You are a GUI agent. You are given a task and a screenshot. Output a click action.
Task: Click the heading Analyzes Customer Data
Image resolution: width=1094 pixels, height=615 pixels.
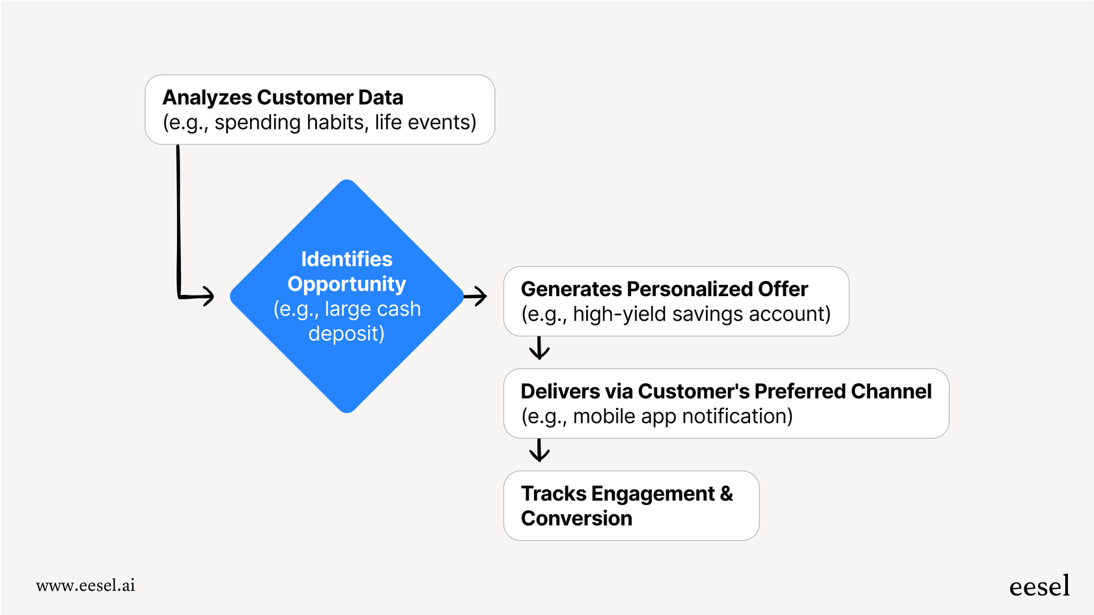[283, 98]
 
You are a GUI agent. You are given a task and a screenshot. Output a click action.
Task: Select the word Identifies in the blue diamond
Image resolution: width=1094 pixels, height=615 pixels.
[346, 259]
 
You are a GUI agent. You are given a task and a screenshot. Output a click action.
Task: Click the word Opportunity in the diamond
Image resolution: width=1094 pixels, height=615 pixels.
[346, 284]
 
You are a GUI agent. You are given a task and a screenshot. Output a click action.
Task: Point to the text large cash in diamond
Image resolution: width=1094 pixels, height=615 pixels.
[372, 308]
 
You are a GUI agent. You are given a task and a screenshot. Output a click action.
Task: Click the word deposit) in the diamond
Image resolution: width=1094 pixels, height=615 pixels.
[346, 333]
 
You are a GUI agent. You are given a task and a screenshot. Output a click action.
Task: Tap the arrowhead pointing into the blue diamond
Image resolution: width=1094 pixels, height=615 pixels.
[207, 296]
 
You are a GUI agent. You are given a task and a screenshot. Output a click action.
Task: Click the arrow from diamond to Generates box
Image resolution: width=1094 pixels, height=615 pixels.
[476, 296]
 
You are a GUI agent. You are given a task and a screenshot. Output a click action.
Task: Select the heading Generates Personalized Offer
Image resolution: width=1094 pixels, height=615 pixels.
[664, 289]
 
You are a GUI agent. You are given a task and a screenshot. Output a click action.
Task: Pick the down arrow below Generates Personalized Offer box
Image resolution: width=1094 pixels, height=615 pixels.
[539, 349]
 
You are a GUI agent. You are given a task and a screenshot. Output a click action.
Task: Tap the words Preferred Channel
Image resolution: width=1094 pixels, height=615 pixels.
[843, 391]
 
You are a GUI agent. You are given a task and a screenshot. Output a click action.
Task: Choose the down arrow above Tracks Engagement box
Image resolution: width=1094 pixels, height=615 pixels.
[539, 450]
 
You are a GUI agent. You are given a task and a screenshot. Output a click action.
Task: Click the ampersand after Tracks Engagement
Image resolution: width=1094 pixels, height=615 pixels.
[726, 494]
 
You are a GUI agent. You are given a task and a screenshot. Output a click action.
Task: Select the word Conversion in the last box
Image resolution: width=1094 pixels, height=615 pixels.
[576, 519]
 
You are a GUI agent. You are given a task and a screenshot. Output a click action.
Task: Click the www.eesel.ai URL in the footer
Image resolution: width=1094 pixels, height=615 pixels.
[85, 585]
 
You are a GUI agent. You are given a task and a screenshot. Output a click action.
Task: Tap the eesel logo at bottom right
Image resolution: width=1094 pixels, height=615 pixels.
[1039, 586]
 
